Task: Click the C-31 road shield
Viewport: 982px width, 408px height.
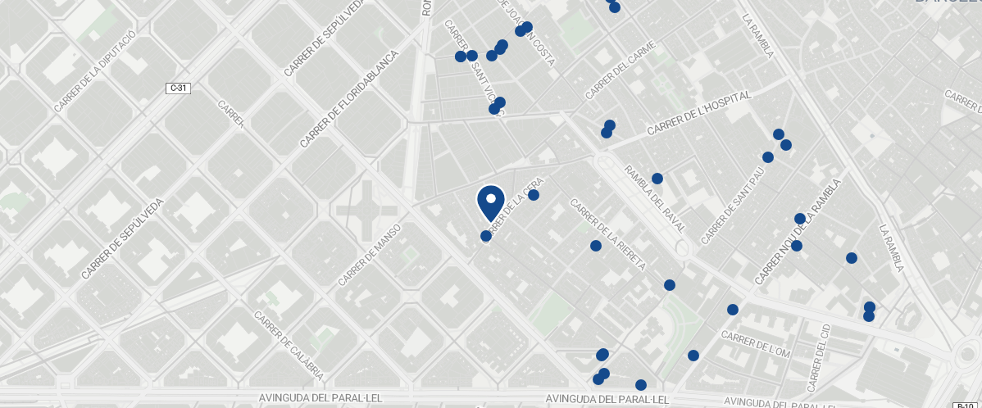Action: pos(179,88)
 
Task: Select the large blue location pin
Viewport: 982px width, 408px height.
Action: pos(490,202)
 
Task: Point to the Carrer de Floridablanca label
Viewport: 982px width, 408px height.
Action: pos(348,99)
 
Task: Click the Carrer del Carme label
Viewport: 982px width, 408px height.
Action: pos(621,70)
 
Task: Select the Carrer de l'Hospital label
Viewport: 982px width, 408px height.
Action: pos(698,114)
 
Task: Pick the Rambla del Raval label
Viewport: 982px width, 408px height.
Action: pos(655,199)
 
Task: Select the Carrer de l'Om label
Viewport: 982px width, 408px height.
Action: pos(755,343)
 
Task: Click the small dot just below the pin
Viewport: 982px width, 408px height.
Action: pos(486,236)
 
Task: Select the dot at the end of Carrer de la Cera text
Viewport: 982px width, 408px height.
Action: pos(534,195)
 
